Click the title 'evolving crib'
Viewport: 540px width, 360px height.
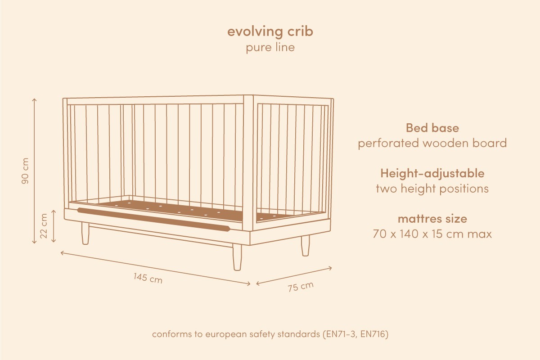(270, 31)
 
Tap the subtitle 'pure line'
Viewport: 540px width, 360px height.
(270, 47)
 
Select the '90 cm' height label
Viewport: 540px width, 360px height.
(25, 171)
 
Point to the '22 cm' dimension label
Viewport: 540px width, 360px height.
(44, 226)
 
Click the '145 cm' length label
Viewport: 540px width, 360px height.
(148, 278)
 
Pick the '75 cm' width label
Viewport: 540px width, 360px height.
(301, 287)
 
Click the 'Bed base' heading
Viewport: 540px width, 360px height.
(432, 127)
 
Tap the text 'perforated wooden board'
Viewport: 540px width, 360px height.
(432, 143)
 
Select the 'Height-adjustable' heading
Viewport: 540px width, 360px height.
(432, 173)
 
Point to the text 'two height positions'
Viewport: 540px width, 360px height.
(432, 189)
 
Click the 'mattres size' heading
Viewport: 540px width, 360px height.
(432, 219)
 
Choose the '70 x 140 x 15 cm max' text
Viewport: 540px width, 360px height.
(432, 234)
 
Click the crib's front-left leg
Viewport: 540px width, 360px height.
(85, 234)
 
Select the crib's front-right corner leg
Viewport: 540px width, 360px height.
(237, 257)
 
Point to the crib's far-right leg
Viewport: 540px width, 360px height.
(305, 246)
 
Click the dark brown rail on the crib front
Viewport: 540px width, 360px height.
(153, 220)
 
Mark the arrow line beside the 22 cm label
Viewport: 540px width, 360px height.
(54, 226)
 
